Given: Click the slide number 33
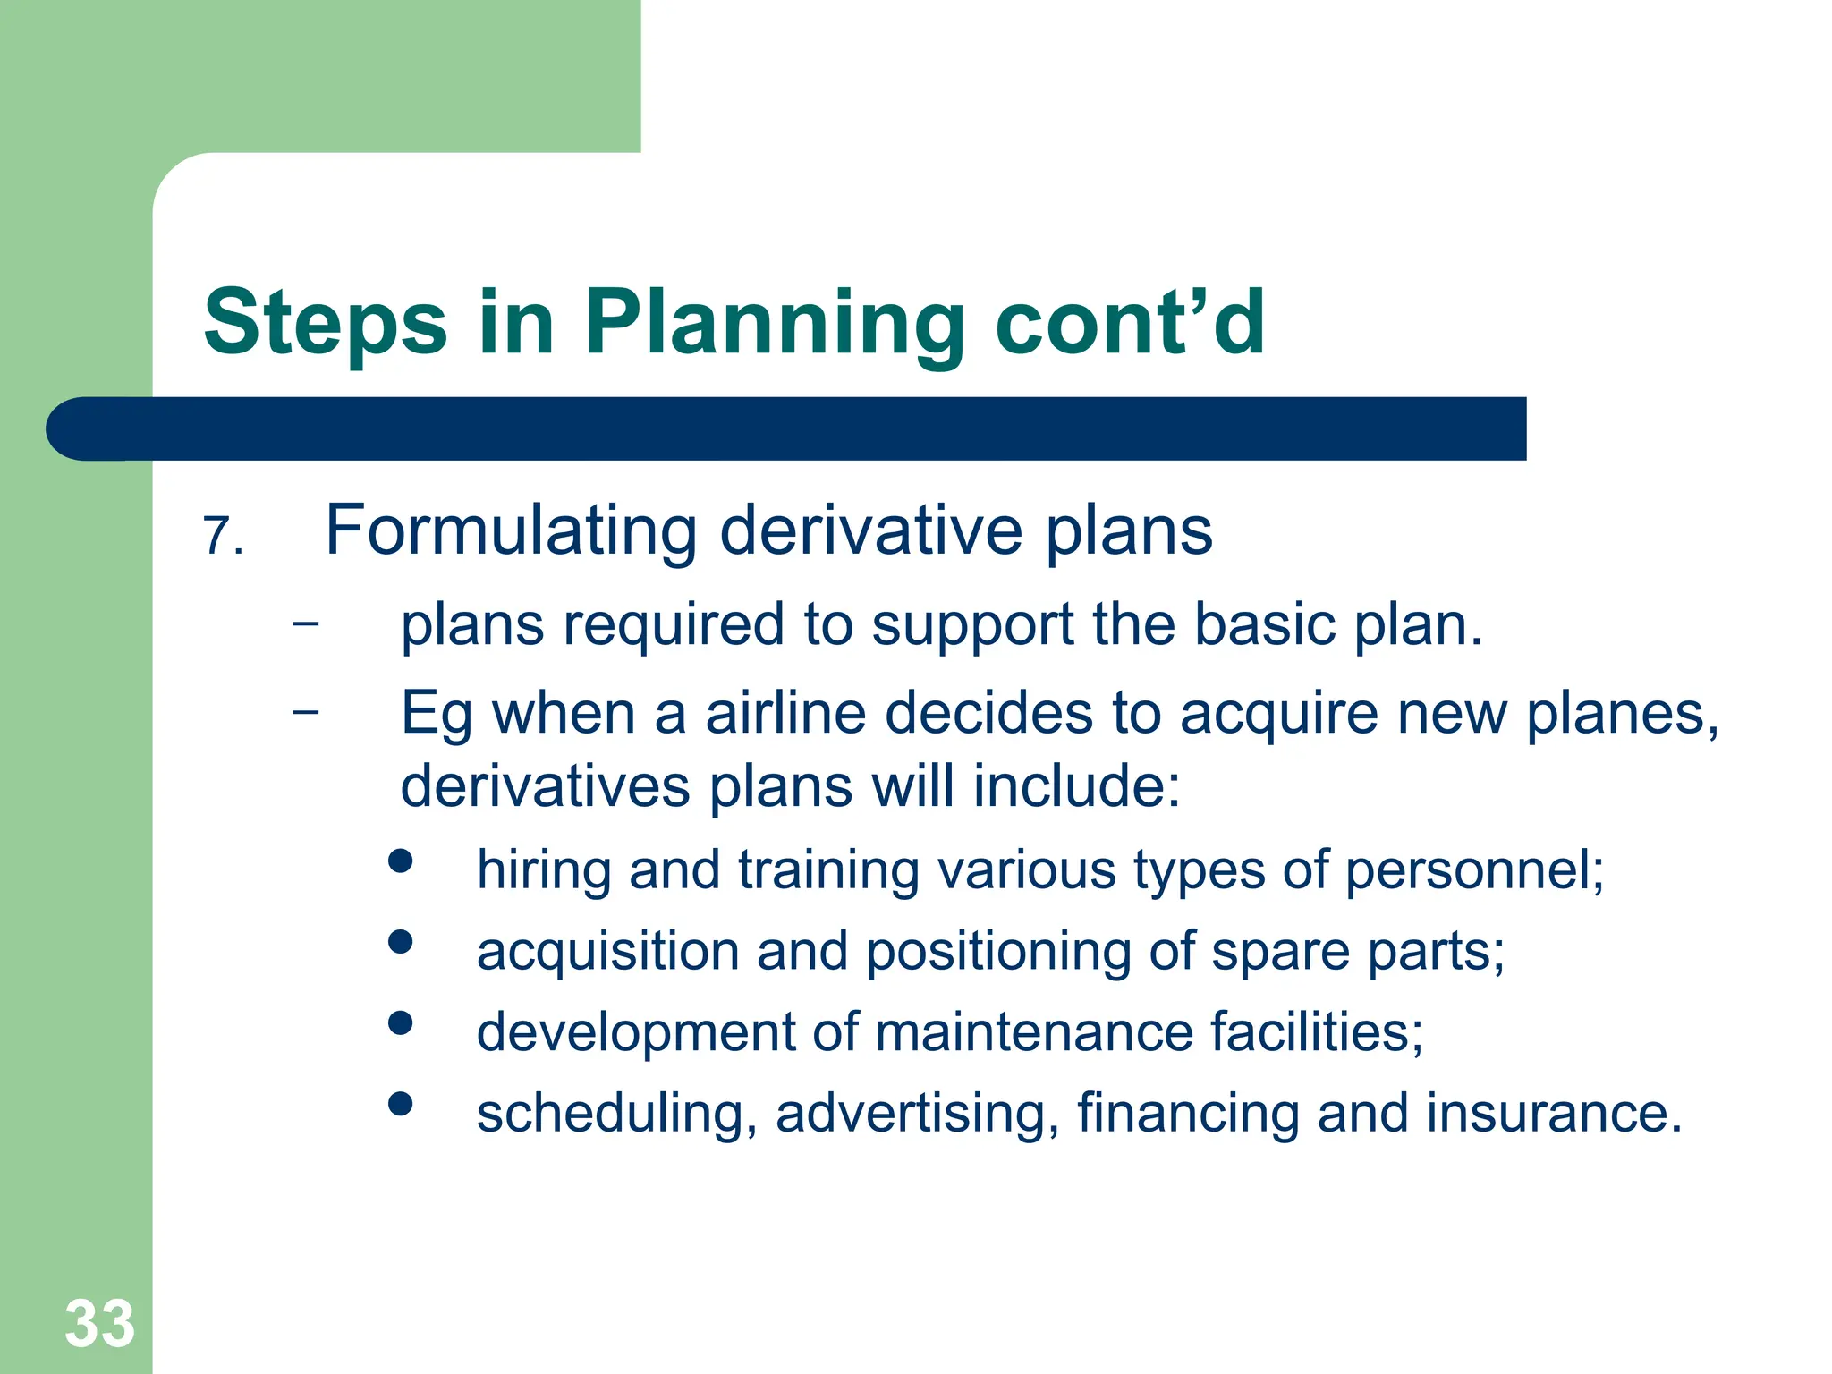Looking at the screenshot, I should (99, 1323).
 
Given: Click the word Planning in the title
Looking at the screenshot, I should (774, 324).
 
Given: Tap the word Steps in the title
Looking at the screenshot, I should (325, 324).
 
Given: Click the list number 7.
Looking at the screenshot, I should (223, 537).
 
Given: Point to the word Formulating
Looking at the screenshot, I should (511, 530).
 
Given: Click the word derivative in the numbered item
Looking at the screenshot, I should (870, 530).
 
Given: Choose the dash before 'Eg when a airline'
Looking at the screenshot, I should (305, 711).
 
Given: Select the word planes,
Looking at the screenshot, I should (1622, 714).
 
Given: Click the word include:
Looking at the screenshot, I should (1076, 787).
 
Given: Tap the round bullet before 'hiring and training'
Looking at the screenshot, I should (401, 861).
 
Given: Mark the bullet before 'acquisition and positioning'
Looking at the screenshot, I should (401, 941).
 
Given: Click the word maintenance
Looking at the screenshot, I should (1033, 1032).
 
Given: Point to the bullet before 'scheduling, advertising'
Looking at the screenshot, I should (401, 1103).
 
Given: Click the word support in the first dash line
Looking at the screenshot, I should (972, 625).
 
